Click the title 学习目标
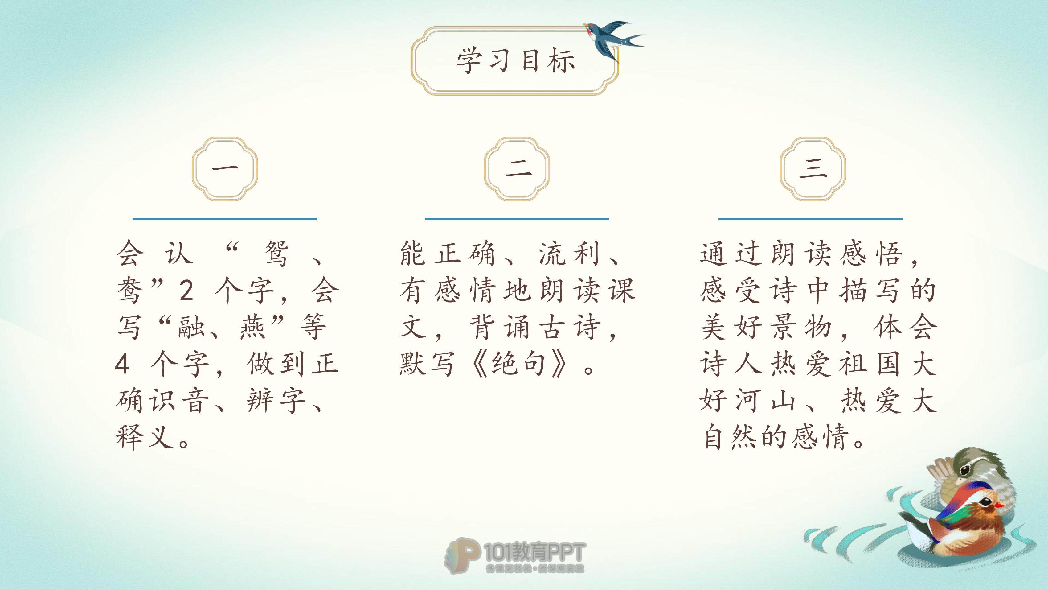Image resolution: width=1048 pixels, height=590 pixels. [516, 61]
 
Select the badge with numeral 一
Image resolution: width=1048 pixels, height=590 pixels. [225, 169]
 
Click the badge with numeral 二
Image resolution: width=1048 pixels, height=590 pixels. [517, 169]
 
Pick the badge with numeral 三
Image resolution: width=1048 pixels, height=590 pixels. [813, 169]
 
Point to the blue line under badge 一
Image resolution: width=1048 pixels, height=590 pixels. [225, 219]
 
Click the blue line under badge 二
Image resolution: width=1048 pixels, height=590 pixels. [517, 219]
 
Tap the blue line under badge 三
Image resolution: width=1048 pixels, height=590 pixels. [810, 219]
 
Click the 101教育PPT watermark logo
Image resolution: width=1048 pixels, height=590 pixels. [515, 556]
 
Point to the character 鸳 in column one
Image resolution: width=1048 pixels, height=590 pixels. [277, 254]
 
